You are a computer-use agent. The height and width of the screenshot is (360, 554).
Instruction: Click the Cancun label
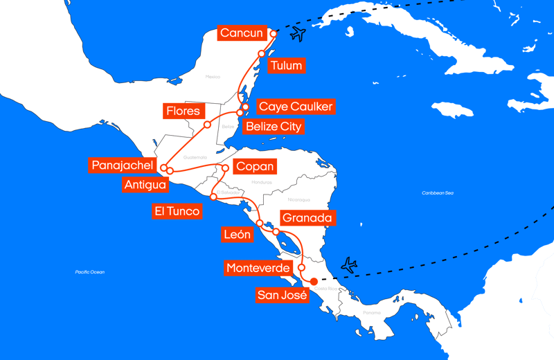click(242, 33)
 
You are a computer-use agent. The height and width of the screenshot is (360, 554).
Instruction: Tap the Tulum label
click(286, 66)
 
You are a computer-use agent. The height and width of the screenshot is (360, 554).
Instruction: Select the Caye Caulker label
click(295, 107)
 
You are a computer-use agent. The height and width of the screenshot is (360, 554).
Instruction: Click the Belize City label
click(274, 127)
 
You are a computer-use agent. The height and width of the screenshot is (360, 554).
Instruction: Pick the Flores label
click(183, 111)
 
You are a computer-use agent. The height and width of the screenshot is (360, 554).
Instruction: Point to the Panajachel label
click(122, 165)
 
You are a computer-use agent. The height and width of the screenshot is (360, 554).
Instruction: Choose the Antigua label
click(145, 185)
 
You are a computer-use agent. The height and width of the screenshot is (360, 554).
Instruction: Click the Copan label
click(255, 167)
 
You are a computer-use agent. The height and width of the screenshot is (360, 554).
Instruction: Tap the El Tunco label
click(177, 211)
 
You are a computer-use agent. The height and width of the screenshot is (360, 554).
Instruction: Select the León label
click(237, 234)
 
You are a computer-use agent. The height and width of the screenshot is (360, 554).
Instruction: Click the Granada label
click(307, 217)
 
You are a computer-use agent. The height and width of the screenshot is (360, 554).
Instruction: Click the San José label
click(282, 296)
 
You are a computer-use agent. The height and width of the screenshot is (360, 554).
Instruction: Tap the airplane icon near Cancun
click(298, 34)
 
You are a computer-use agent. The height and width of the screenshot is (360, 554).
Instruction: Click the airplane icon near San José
click(349, 264)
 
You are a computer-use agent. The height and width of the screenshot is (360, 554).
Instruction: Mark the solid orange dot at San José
click(314, 281)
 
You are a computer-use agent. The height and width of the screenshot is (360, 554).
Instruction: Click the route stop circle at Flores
click(207, 125)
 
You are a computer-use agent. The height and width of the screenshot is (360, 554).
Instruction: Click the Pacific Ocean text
click(90, 272)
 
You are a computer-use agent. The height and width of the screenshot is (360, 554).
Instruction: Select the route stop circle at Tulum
click(262, 53)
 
